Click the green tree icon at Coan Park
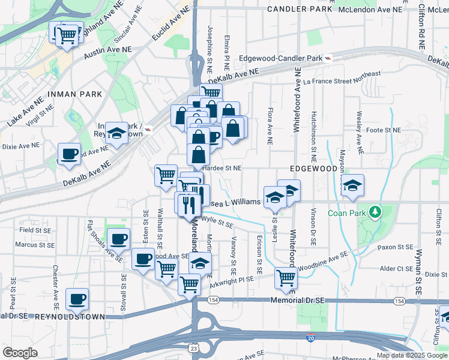[x=375, y=212]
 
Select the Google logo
[x=20, y=352]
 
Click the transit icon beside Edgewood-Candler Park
[x=328, y=58]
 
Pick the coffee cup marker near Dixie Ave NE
[x=70, y=154]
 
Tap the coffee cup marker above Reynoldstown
[x=77, y=299]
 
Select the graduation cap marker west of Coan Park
[x=353, y=185]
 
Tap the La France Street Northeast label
[x=342, y=77]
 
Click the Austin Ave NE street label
[x=104, y=53]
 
